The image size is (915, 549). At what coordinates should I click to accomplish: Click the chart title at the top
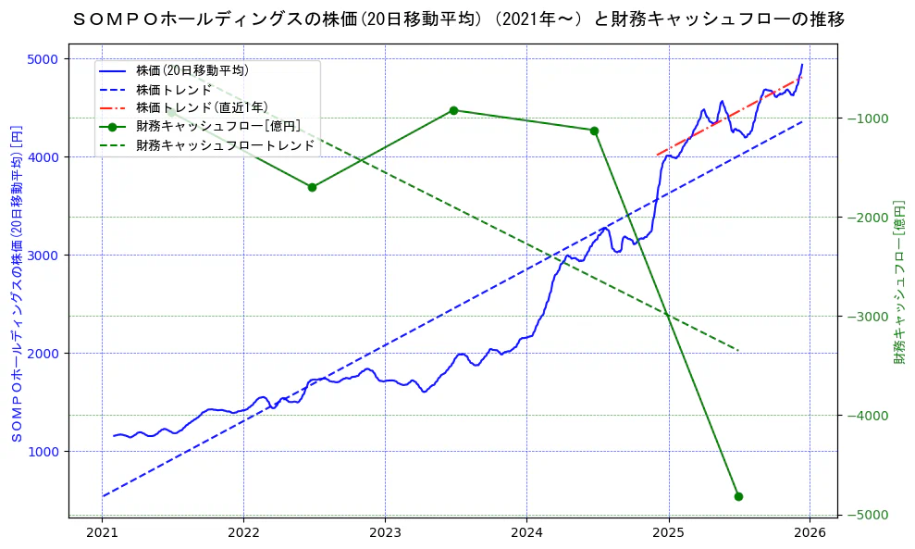coord(458,19)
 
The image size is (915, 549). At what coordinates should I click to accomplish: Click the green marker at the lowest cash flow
coord(738,496)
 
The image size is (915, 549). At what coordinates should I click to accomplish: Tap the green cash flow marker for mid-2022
coord(312,187)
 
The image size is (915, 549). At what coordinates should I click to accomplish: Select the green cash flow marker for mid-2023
coord(453,110)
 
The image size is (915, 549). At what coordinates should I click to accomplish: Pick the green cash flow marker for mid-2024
coord(594,131)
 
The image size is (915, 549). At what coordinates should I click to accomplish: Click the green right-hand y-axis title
coord(898,281)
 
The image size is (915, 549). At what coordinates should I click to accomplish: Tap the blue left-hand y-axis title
coord(16,281)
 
